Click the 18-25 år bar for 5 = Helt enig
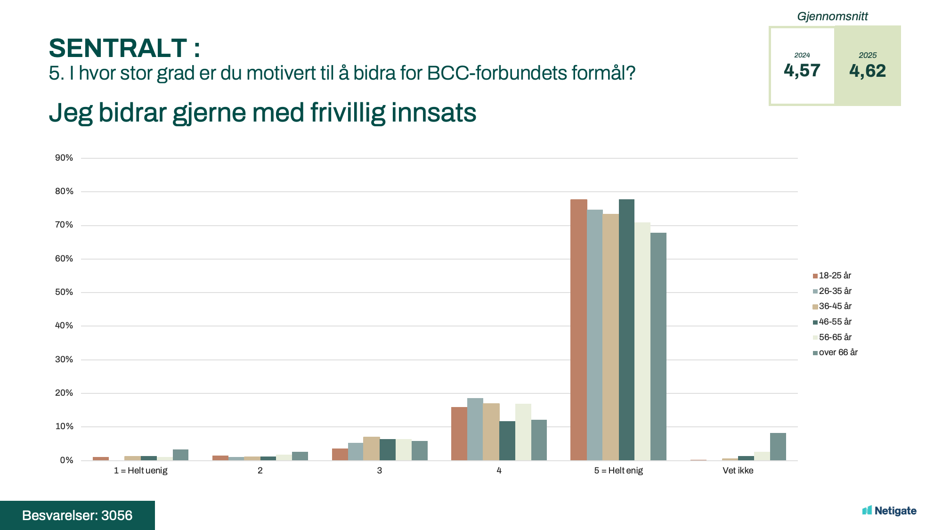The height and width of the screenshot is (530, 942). (578, 330)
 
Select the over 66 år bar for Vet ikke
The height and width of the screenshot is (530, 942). (778, 447)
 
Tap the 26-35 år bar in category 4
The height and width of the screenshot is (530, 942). (475, 429)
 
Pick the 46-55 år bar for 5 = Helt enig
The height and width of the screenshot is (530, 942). (626, 330)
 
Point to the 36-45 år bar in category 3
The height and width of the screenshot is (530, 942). (371, 448)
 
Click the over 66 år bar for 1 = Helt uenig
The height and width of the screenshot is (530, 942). (180, 455)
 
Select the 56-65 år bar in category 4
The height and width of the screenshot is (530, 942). (523, 432)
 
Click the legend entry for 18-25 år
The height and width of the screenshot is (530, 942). (834, 276)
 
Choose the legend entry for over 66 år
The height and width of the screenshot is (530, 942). (837, 352)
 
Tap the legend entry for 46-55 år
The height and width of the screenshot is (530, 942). (835, 322)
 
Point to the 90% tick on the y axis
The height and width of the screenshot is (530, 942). (64, 158)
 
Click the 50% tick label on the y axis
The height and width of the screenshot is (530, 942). (64, 292)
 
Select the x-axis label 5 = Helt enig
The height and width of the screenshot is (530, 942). (618, 471)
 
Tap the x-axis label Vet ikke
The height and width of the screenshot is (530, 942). (738, 471)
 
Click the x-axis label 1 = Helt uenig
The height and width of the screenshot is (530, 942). (140, 471)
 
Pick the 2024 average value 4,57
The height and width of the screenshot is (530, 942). (802, 71)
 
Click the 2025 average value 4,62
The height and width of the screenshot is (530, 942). (867, 71)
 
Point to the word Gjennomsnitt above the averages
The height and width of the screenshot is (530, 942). (832, 16)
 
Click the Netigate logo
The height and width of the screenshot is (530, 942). (889, 511)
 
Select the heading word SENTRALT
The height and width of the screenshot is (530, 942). (118, 48)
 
